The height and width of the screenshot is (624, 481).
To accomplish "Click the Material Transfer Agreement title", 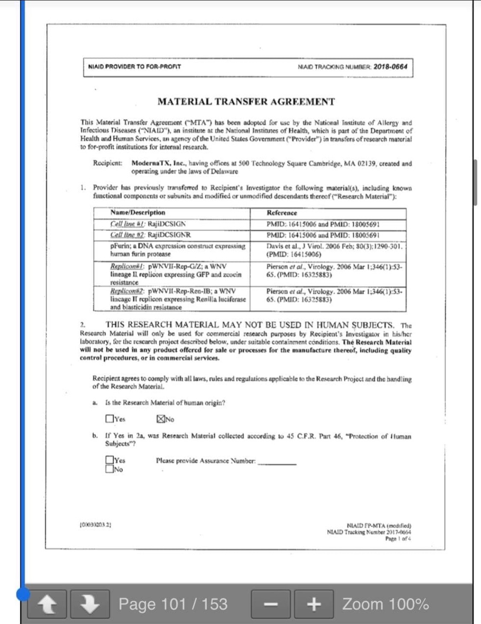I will [x=246, y=102].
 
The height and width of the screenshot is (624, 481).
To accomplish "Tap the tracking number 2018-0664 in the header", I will [x=390, y=67].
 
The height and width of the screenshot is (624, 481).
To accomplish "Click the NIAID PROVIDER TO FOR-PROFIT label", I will [x=134, y=67].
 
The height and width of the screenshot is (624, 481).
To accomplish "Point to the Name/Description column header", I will [x=138, y=212].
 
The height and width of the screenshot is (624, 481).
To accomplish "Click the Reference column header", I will [x=282, y=213].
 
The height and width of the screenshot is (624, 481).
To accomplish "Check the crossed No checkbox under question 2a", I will [x=161, y=419].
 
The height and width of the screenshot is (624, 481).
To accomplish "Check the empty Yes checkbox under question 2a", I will [x=110, y=418].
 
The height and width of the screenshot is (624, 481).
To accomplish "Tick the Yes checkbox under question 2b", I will [x=110, y=460].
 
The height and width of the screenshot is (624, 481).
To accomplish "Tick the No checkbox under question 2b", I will [x=110, y=469].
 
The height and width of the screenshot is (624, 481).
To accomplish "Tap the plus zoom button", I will [x=314, y=604].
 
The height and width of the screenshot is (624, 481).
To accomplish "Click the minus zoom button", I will [x=270, y=604].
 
